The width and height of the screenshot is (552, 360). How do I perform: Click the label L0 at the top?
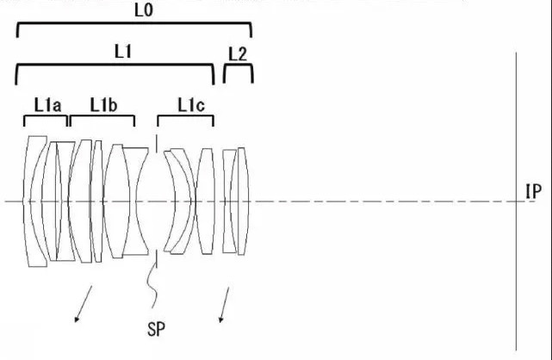coord(144,10)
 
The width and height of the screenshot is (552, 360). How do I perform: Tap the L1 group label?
coord(123,52)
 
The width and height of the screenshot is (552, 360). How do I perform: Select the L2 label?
coord(238,54)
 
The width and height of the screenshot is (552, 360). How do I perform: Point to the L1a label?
coord(47,105)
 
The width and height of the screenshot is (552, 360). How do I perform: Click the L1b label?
coord(103,105)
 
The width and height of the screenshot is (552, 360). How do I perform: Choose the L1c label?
coord(191,105)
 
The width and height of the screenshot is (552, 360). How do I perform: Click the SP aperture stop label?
coord(156,329)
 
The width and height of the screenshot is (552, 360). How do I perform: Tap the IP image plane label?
coord(533,192)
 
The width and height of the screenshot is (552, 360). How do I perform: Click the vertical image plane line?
coord(517,202)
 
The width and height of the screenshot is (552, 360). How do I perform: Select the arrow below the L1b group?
coord(83,304)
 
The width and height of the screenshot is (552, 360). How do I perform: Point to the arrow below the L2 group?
coord(224,304)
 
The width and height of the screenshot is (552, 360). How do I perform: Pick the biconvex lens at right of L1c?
coord(205,202)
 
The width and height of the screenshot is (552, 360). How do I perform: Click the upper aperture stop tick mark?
coord(157,143)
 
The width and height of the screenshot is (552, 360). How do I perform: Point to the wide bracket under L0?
coord(134,23)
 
